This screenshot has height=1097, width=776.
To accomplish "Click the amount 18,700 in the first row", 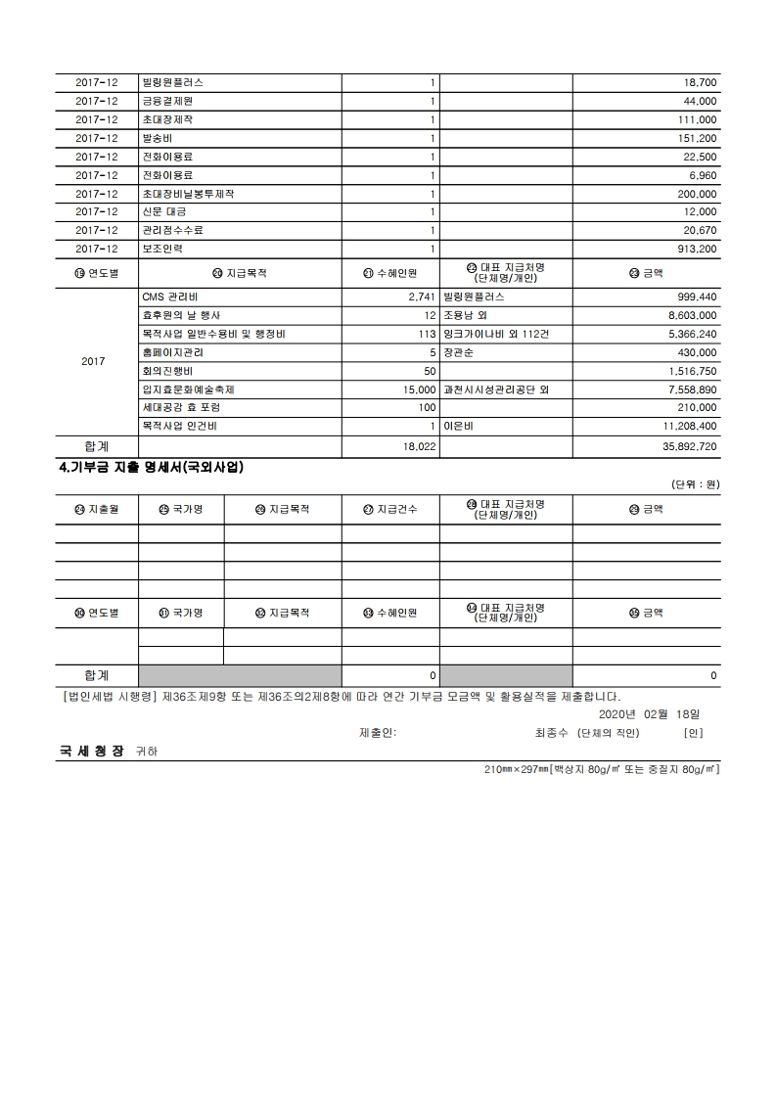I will click(699, 82).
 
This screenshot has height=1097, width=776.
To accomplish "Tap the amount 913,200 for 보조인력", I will click(696, 249).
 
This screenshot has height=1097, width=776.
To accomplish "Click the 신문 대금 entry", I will click(164, 211).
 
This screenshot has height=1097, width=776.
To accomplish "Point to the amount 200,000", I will click(696, 194).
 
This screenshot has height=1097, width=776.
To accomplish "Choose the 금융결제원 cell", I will click(167, 101).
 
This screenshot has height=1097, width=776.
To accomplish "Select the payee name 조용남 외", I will click(471, 315).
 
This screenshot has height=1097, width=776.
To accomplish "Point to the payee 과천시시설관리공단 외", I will click(496, 389).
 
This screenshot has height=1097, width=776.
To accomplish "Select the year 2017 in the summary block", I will click(93, 362).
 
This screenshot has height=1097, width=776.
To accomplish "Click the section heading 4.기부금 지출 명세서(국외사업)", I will click(152, 468).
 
